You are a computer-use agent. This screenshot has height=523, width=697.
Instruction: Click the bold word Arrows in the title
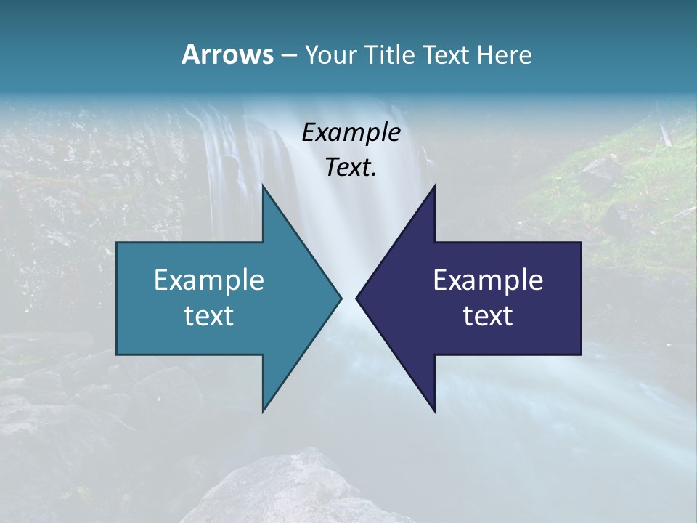[227, 54]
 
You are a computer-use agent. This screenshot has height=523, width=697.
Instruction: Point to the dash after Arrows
[288, 56]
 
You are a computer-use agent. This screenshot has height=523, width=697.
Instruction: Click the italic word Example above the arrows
[351, 133]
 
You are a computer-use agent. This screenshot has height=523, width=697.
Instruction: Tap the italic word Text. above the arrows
[351, 168]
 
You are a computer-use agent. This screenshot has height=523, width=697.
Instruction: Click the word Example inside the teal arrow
[209, 280]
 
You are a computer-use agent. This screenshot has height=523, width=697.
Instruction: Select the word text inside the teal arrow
[209, 316]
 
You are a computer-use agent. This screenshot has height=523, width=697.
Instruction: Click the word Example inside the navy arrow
[488, 280]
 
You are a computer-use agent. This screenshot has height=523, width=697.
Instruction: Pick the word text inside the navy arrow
[488, 316]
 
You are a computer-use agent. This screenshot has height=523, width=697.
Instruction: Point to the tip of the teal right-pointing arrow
[341, 298]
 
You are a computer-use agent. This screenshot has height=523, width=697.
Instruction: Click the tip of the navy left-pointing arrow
[356, 298]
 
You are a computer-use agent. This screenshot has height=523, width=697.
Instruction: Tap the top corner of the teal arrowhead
[263, 186]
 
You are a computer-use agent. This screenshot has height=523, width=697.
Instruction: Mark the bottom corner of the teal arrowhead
[263, 411]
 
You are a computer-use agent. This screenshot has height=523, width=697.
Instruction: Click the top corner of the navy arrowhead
[434, 186]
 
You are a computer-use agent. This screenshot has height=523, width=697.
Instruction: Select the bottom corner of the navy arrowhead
[434, 411]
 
